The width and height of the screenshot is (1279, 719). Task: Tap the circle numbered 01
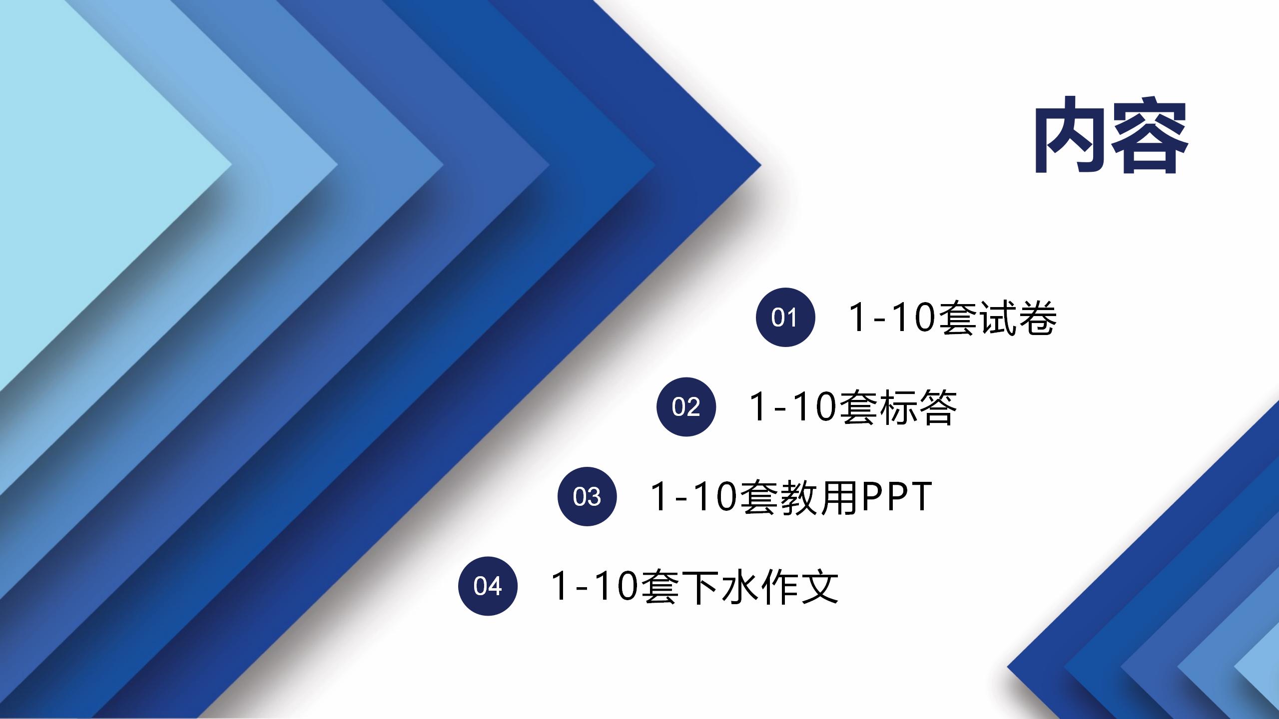785,317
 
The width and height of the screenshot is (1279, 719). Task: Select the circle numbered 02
686,406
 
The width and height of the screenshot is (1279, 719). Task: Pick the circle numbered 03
587,496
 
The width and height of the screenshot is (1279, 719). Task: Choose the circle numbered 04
488,586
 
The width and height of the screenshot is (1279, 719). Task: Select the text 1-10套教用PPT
791,497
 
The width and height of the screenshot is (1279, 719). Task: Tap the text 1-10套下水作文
695,586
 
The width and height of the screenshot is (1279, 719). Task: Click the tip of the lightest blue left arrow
232,164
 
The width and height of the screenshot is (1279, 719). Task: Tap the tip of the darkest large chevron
761,164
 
